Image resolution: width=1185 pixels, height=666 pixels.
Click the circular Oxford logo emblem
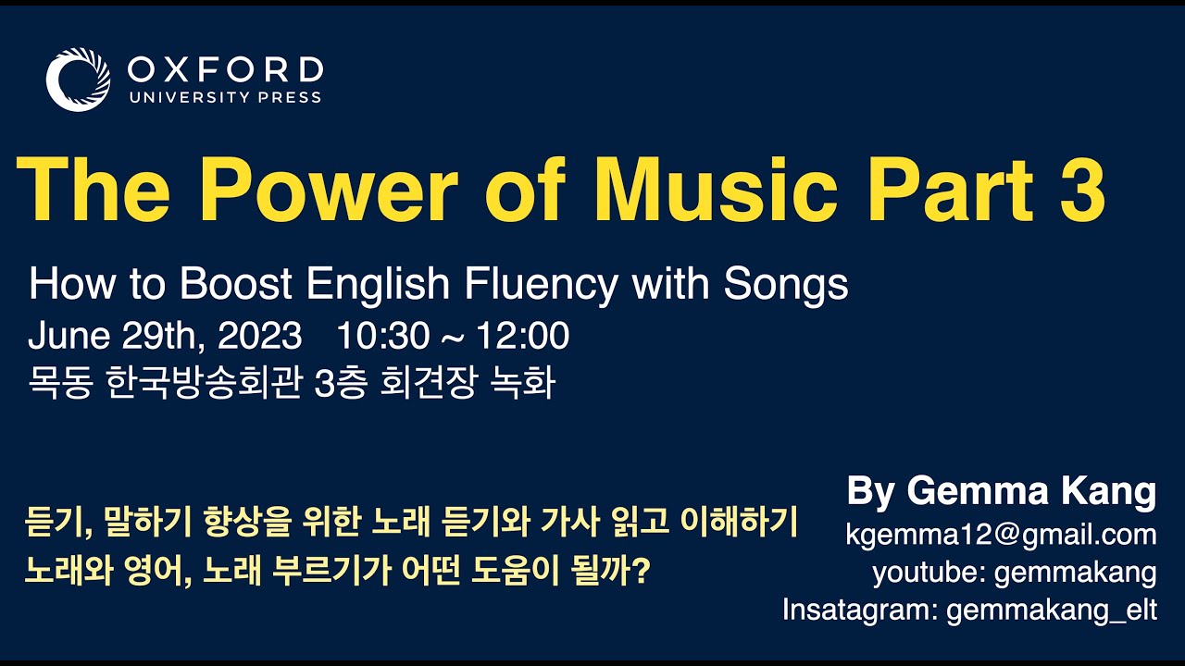pos(78,80)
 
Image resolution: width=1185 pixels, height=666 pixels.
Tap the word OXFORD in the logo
pos(225,69)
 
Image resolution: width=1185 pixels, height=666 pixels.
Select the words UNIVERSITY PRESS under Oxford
pos(225,97)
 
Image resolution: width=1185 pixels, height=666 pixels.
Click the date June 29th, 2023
pos(165,337)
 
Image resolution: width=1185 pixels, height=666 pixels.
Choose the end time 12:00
pos(523,337)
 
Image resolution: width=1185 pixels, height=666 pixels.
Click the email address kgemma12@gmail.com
pos(1001,535)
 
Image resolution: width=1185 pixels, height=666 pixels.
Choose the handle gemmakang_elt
pos(1051,610)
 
